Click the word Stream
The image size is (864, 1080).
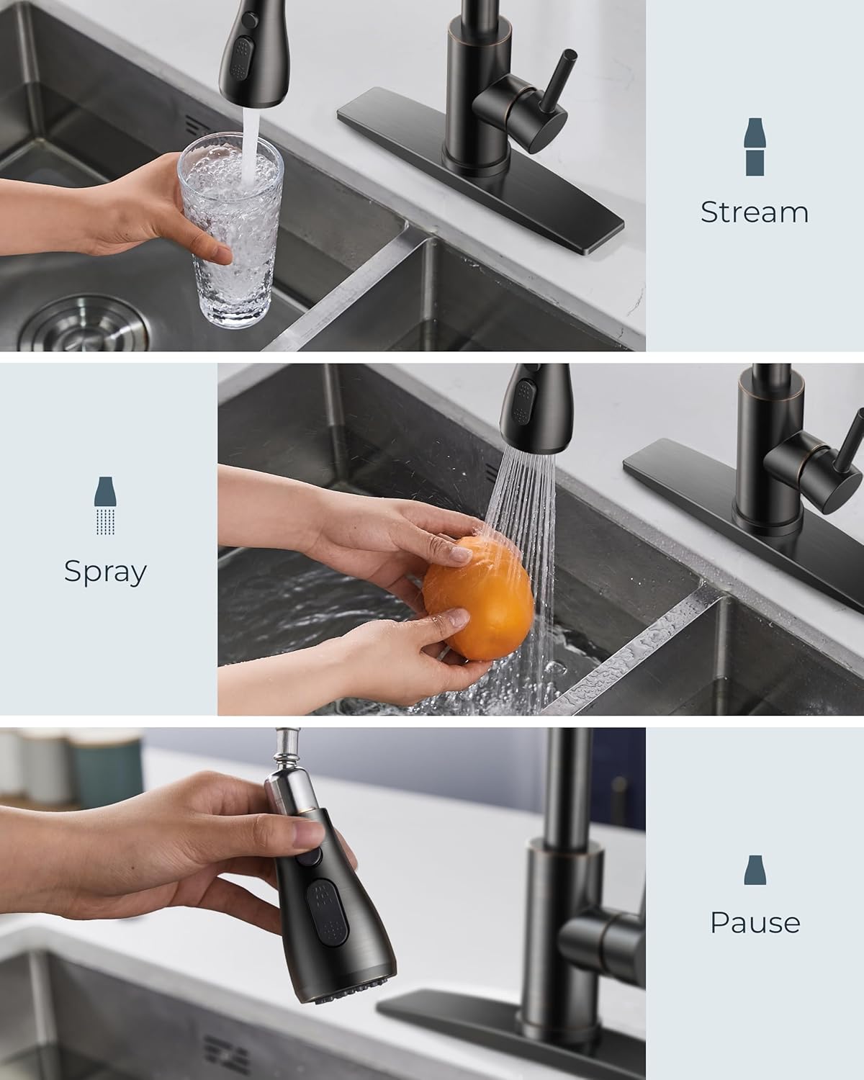click(754, 212)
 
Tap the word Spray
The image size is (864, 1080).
click(105, 571)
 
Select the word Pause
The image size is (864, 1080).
click(755, 922)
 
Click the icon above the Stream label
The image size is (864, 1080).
click(754, 147)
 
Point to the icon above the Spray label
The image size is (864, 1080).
click(105, 505)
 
